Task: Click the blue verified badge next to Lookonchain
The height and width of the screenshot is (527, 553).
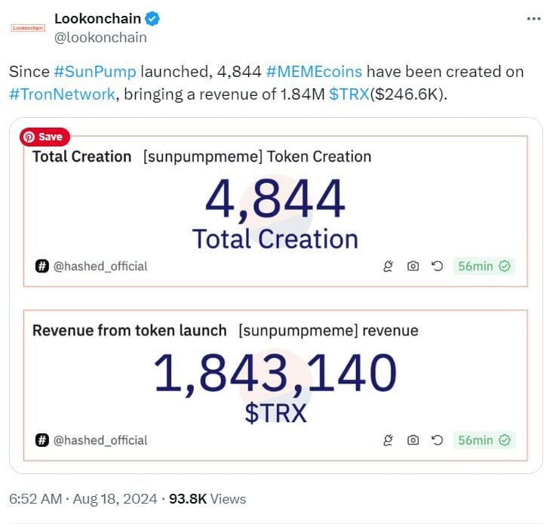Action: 152,18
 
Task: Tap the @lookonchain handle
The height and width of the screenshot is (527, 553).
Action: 100,37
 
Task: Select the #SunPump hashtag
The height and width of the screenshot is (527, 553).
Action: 95,72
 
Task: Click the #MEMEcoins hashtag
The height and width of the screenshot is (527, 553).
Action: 314,72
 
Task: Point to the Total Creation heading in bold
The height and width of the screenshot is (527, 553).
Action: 81,157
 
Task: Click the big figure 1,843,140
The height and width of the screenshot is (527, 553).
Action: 275,374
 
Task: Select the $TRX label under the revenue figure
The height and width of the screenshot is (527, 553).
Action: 275,413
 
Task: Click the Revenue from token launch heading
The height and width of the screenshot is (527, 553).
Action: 129,331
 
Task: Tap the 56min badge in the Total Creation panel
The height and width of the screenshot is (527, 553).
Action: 484,266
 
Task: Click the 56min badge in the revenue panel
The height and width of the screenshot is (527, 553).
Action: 484,439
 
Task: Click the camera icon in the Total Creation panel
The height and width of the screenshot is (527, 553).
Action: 413,266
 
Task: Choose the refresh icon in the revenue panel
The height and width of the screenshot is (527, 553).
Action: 436,439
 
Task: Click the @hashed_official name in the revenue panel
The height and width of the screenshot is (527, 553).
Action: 100,439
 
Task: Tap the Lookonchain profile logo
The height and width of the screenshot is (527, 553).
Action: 28,28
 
